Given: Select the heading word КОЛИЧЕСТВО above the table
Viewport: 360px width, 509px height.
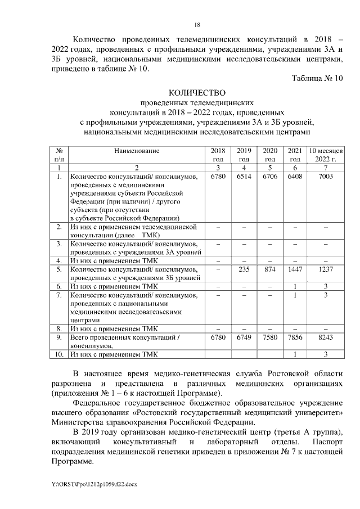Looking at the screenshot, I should [197, 93].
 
